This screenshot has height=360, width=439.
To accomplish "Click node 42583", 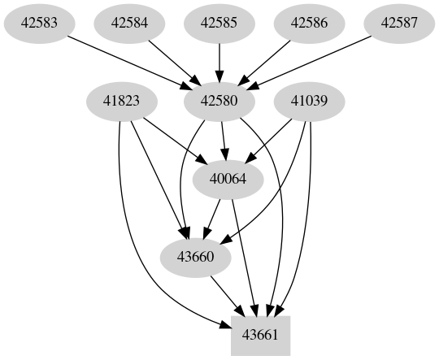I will [x=39, y=24].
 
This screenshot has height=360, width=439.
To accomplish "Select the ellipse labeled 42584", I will [x=129, y=24].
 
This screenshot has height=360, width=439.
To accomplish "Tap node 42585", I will [x=219, y=24].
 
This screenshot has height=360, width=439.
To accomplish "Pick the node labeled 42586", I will [x=310, y=24].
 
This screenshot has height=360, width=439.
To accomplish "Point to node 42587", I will [x=400, y=24].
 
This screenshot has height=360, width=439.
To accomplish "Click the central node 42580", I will [x=219, y=102].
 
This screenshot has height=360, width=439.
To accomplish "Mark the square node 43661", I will [x=261, y=334].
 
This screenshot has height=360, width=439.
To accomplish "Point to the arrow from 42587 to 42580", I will [x=317, y=62].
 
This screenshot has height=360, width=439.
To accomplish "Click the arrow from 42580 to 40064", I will [x=224, y=140].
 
